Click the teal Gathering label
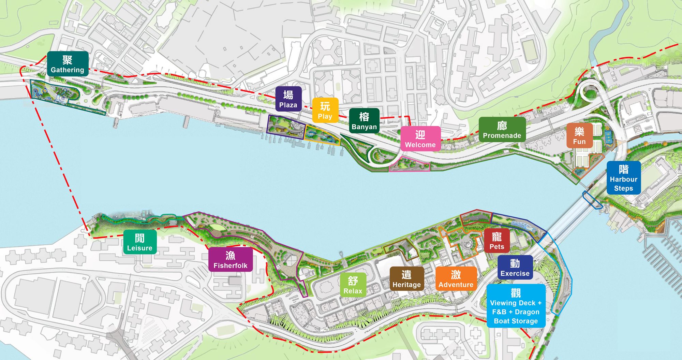pyautogui.click(x=68, y=64)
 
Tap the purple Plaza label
pyautogui.click(x=288, y=99)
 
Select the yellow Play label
pyautogui.click(x=325, y=110)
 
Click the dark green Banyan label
pyautogui.click(x=364, y=121)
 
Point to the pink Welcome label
pyautogui.click(x=420, y=139)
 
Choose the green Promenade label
pyautogui.click(x=502, y=129)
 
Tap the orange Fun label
pyautogui.click(x=579, y=135)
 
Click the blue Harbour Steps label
pyautogui.click(x=623, y=178)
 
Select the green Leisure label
pyautogui.click(x=140, y=242)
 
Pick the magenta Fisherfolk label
pyautogui.click(x=231, y=259)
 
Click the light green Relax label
pyautogui.click(x=353, y=285)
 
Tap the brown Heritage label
pyautogui.click(x=406, y=278)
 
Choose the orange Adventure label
pyautogui.click(x=456, y=278)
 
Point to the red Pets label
pyautogui.click(x=496, y=241)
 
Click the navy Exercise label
pyautogui.click(x=515, y=267)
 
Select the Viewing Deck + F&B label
pyautogui.click(x=516, y=306)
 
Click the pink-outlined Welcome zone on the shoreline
pyautogui.click(x=409, y=166)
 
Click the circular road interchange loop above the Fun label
pyautogui.click(x=590, y=91)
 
